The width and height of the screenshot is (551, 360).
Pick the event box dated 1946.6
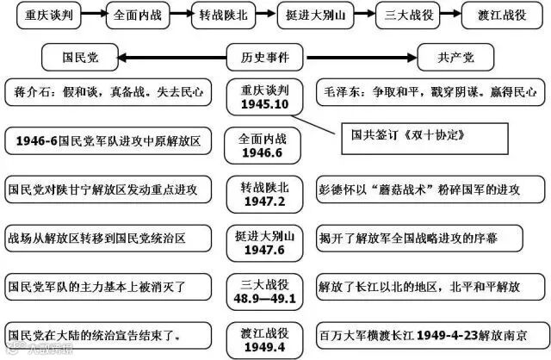tap(265, 145)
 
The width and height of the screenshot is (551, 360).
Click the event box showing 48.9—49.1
tap(265, 290)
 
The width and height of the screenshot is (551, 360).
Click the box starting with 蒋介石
tap(108, 90)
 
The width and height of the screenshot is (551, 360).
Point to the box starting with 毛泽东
tap(431, 90)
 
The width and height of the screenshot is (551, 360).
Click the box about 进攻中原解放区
tap(108, 140)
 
